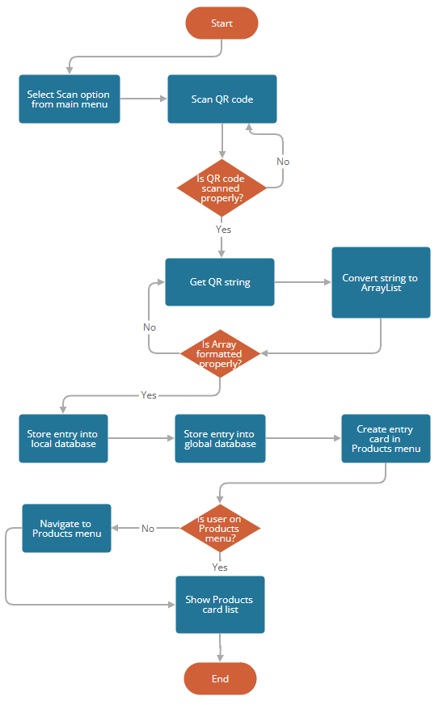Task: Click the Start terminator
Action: pos(221,23)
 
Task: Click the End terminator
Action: pos(220,679)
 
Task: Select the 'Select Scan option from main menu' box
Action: pos(70,99)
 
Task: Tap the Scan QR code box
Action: pos(221,99)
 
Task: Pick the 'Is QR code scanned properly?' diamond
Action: pos(221,188)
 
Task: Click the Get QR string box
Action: pos(220,282)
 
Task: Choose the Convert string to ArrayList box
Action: pos(380,283)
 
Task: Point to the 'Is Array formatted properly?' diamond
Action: pos(221,353)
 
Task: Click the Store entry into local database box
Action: pos(63,438)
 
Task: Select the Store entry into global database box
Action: pos(220,438)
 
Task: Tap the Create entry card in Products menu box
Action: pos(385,439)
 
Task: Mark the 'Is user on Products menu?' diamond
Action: pos(219,528)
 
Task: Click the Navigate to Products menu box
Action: pos(66,528)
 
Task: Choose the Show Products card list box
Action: pos(220,604)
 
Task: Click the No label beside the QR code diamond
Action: pos(283,162)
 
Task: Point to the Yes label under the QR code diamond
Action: pos(224,230)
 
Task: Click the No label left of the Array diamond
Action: pos(150,327)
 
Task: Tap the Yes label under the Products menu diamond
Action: pos(220,567)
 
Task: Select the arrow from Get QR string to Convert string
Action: pos(302,282)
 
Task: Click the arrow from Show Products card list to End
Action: pos(220,648)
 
